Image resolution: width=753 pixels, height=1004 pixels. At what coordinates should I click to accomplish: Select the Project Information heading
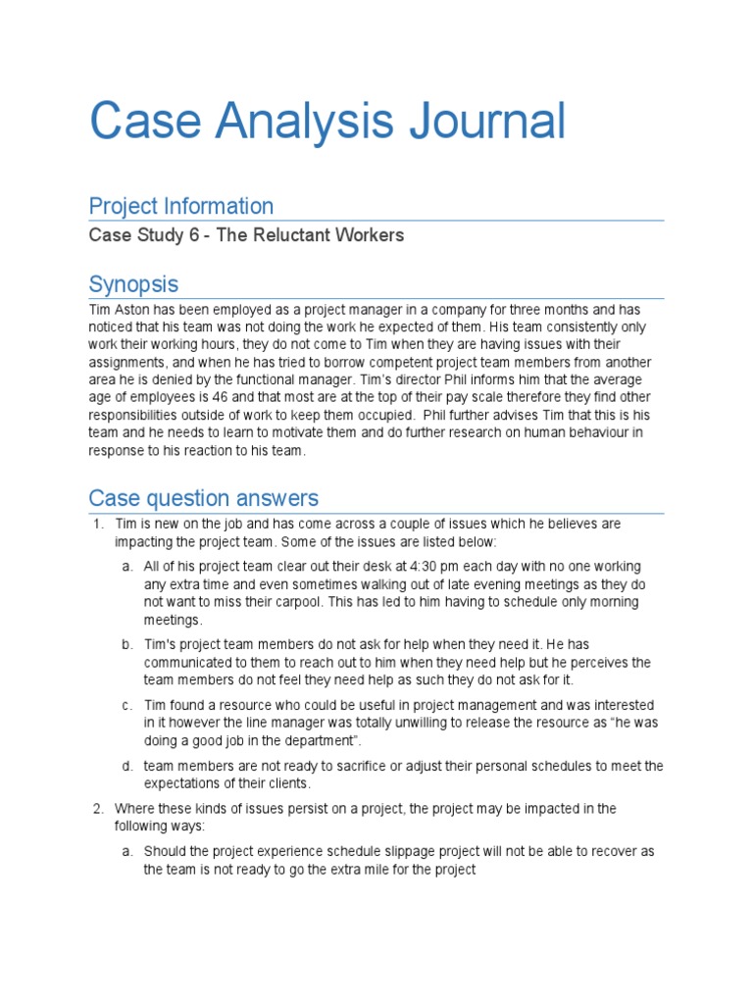coord(180,206)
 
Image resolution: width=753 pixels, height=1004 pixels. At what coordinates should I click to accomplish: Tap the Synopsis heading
coord(133,284)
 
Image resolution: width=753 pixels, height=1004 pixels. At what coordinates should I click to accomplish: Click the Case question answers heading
coord(203,498)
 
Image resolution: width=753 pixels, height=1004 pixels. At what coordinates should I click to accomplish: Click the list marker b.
coord(127,645)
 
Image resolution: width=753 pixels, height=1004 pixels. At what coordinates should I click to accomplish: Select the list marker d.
coord(127,766)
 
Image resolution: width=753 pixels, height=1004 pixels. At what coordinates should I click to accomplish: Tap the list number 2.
coord(98,809)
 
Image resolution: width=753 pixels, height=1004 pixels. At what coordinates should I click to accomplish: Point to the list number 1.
coord(98,525)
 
